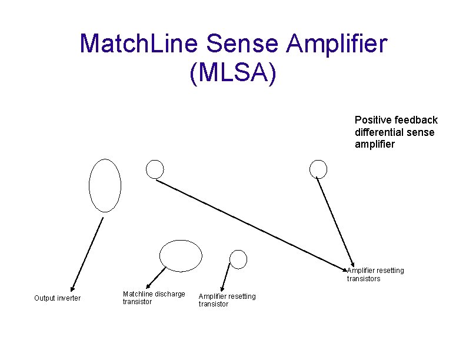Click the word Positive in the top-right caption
coord(372,120)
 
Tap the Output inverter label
coord(57,298)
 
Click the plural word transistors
coord(363,279)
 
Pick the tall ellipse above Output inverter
coord(105,185)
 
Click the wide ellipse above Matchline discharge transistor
coord(181,255)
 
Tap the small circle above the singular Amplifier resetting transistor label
coord(238,258)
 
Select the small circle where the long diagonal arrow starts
coord(155,169)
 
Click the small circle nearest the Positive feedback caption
coord(318,169)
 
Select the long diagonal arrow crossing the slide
coord(253,224)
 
